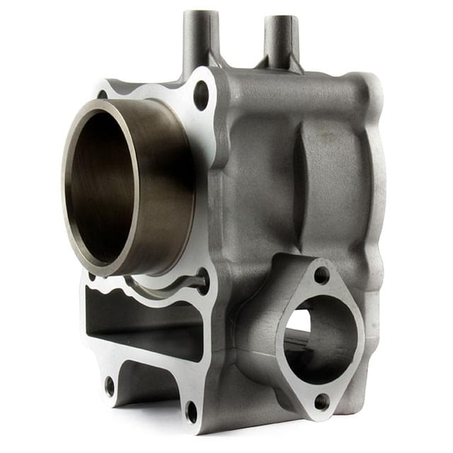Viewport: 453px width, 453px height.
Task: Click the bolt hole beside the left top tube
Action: click(201, 95)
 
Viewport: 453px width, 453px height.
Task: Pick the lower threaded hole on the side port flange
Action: click(321, 401)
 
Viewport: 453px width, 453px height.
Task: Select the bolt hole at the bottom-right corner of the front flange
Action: click(191, 411)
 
